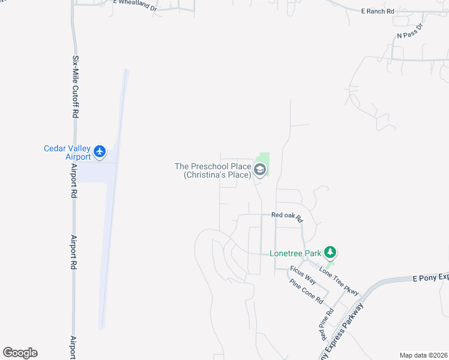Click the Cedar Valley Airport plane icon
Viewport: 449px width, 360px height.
[x=100, y=152]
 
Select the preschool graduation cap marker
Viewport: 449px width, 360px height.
[x=260, y=170]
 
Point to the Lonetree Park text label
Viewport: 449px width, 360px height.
[x=295, y=253]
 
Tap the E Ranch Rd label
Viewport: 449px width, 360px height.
[x=378, y=11]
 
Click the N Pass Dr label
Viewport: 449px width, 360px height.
[x=410, y=32]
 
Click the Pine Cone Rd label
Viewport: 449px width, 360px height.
[x=307, y=291]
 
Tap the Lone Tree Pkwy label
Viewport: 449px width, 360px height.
[x=339, y=280]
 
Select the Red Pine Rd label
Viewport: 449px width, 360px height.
[x=326, y=323]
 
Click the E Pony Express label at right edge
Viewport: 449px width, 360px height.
[x=430, y=277]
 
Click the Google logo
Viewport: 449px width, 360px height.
[x=20, y=353]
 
